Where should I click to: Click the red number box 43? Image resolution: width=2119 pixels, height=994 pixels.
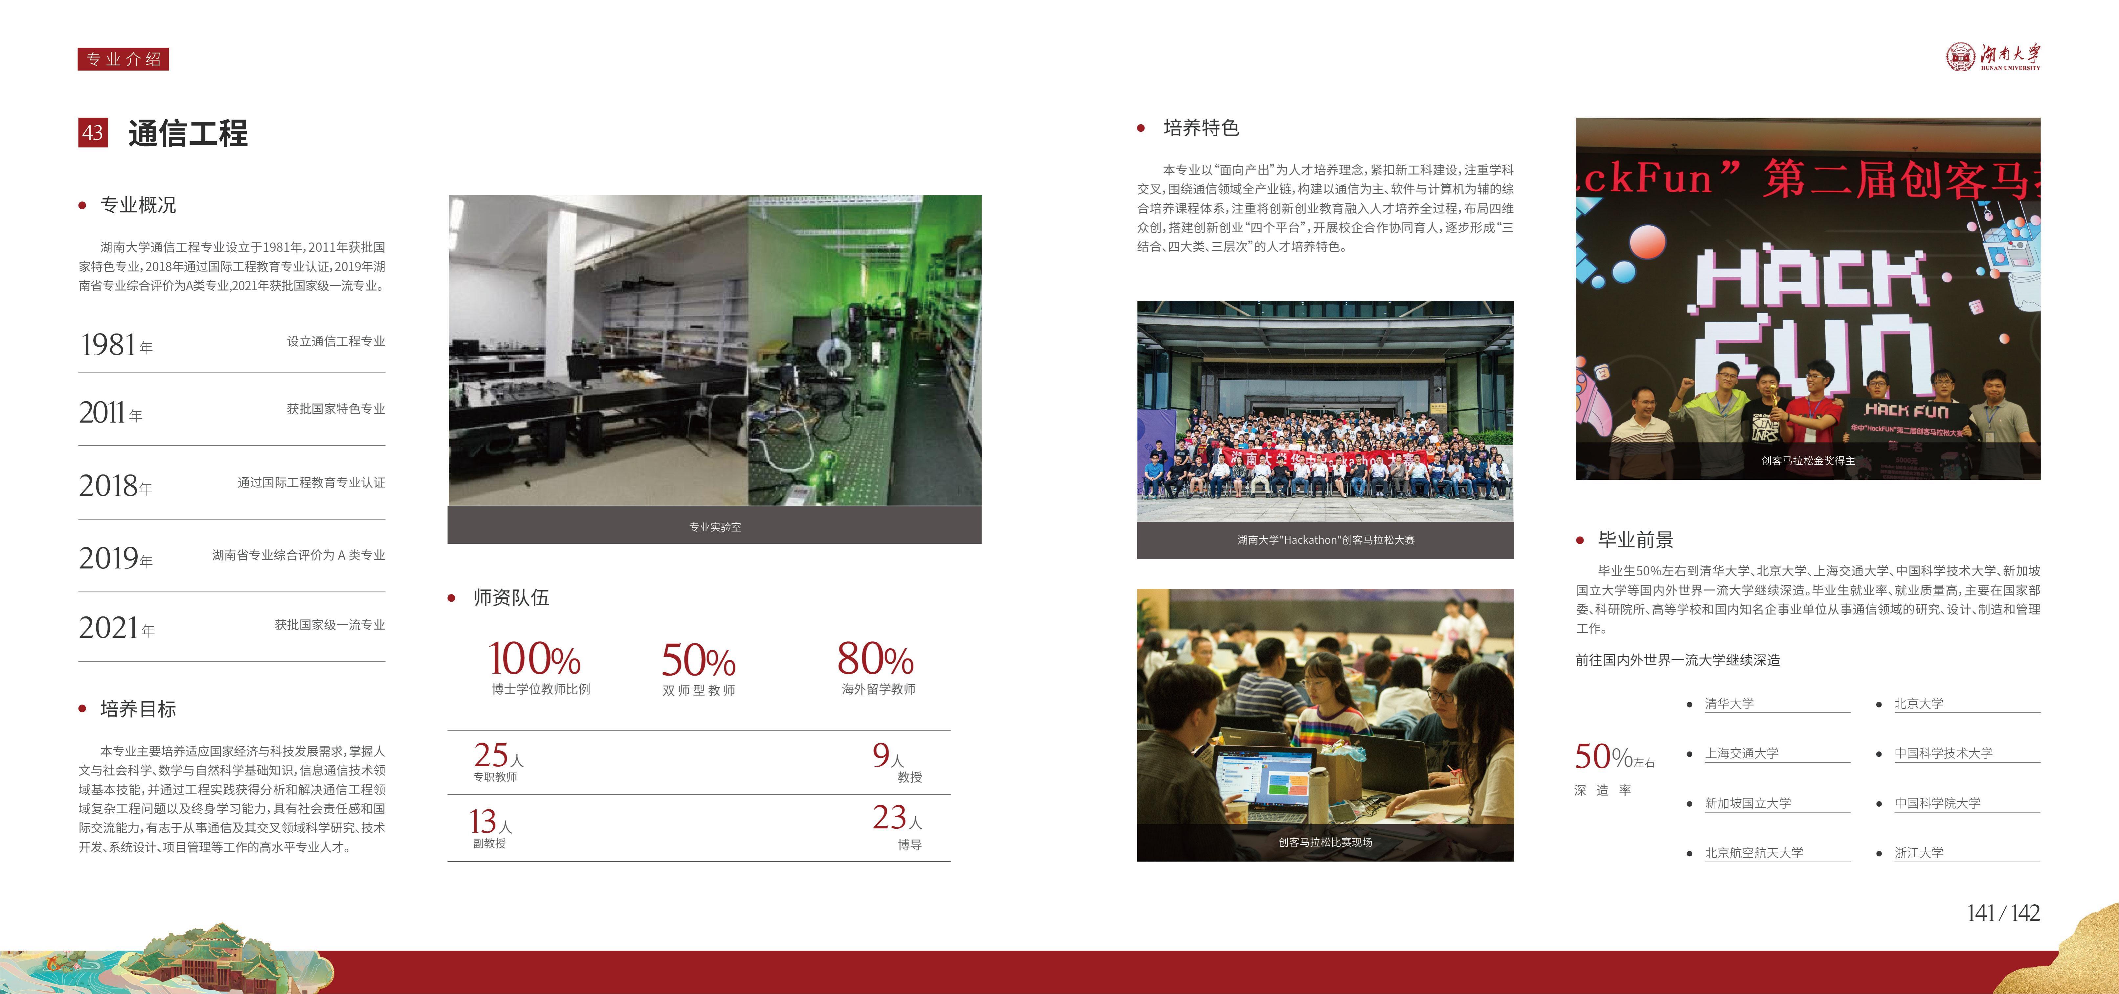93,132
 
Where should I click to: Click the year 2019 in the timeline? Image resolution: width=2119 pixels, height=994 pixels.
109,559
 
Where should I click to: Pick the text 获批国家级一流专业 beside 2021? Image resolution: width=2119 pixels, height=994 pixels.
330,625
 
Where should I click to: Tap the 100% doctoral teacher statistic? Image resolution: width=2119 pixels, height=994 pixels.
535,659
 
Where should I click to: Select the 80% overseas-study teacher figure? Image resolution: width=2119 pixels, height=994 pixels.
875,659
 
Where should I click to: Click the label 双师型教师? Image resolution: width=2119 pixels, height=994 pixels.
699,690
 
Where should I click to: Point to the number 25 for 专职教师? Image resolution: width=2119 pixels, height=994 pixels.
491,754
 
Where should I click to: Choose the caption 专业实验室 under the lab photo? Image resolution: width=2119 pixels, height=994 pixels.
715,527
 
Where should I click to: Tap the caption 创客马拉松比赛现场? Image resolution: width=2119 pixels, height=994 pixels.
1325,842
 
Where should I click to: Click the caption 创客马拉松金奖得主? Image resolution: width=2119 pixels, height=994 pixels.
1808,461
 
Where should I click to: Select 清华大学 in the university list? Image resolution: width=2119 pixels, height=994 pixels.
1729,704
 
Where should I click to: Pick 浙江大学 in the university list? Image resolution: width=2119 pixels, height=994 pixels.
1919,852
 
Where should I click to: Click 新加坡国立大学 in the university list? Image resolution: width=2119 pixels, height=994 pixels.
1748,803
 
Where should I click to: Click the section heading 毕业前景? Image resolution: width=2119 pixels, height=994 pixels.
1635,540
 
